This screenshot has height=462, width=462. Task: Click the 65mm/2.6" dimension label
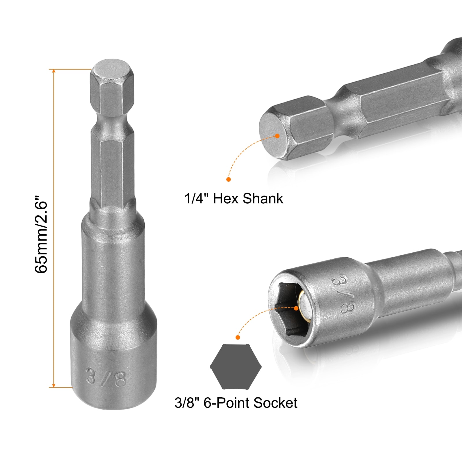(x=41, y=234)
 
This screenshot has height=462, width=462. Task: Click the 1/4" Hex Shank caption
(x=234, y=199)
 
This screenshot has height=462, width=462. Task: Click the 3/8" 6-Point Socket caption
(x=236, y=403)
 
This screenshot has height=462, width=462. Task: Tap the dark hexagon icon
(x=236, y=367)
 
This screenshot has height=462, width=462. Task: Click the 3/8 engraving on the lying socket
(x=344, y=294)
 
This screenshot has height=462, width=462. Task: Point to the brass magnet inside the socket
(x=303, y=306)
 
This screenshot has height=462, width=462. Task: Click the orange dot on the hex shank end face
(x=277, y=136)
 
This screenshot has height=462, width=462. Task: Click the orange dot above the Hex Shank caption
(x=228, y=179)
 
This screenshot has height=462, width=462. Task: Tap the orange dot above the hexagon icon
(x=238, y=337)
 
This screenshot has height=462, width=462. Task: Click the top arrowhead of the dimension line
(x=54, y=71)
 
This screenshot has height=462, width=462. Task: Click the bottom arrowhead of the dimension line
(x=54, y=385)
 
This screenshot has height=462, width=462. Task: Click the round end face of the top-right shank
(x=273, y=134)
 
